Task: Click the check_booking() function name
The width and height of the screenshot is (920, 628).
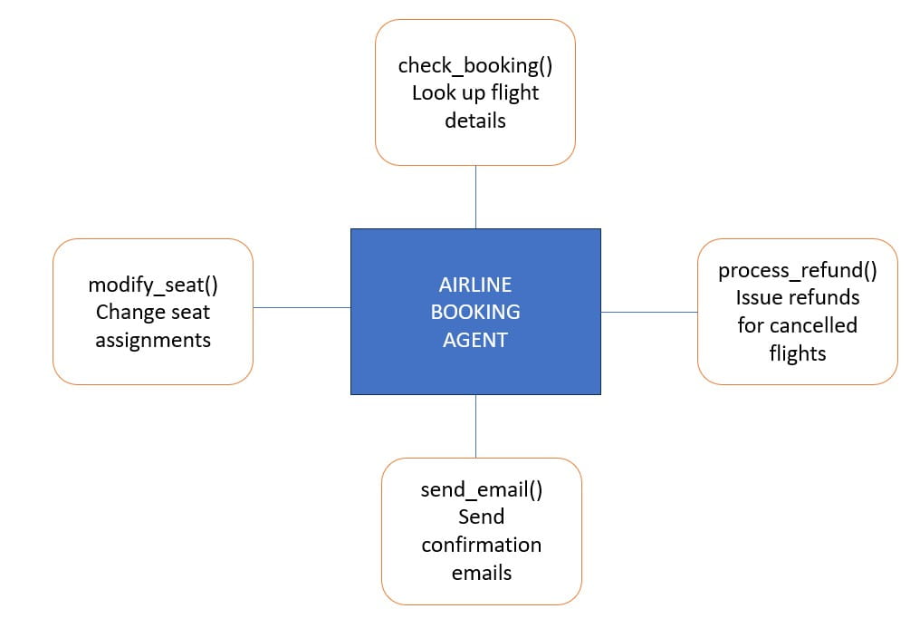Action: point(475,65)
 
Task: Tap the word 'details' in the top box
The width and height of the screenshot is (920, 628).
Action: point(475,120)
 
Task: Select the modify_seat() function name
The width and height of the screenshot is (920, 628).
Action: point(153,285)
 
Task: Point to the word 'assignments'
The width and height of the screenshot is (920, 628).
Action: point(153,340)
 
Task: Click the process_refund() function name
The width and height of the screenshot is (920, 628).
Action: point(797,270)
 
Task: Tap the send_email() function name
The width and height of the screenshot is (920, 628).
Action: point(481,489)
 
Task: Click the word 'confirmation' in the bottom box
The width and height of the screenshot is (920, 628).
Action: point(481,545)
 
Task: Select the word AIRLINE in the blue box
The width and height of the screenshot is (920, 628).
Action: point(475,285)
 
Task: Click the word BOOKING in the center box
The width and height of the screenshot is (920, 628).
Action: point(475,312)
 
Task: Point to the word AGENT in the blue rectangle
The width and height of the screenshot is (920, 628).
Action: point(475,340)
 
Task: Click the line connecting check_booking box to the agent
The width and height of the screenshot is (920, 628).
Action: point(475,197)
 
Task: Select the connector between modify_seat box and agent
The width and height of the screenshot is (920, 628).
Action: point(302,307)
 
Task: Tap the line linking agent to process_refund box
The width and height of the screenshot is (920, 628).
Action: point(649,312)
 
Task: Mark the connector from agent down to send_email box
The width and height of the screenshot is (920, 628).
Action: point(475,426)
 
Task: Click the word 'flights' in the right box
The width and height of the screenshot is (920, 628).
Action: point(797,353)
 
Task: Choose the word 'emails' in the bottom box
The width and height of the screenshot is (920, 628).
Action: point(481,573)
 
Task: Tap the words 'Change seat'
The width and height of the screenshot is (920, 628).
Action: point(153,312)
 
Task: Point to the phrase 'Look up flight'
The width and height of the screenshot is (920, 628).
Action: point(475,92)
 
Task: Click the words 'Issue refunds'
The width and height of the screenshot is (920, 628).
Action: point(797,297)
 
